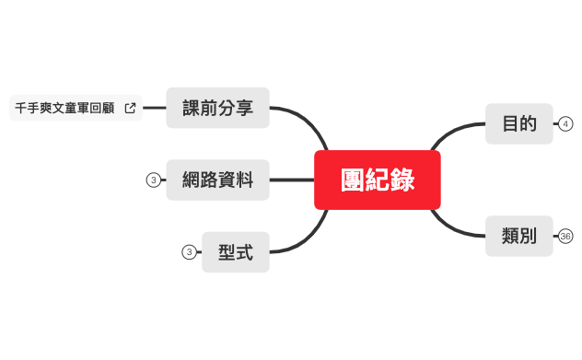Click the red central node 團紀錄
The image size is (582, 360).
(x=378, y=180)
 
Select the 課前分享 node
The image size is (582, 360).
(x=217, y=108)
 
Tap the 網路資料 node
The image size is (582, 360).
(x=217, y=180)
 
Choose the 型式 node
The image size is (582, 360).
(x=236, y=251)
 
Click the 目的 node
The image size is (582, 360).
(x=519, y=123)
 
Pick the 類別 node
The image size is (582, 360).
(x=519, y=236)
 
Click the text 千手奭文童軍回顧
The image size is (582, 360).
(x=64, y=108)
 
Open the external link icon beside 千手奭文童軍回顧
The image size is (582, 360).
(x=130, y=108)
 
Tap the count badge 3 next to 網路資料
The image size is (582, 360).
(x=154, y=180)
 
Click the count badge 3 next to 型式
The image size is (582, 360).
(x=189, y=251)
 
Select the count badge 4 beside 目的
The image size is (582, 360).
(x=565, y=123)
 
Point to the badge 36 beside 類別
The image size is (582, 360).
(x=565, y=237)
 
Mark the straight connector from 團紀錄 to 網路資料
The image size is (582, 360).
(x=292, y=180)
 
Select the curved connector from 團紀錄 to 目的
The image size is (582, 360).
(x=451, y=134)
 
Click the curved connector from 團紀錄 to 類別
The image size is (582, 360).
(x=451, y=226)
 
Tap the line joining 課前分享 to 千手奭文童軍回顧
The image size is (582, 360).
(x=155, y=108)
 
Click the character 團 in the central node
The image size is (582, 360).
(x=353, y=180)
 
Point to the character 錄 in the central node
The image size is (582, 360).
(x=402, y=180)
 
